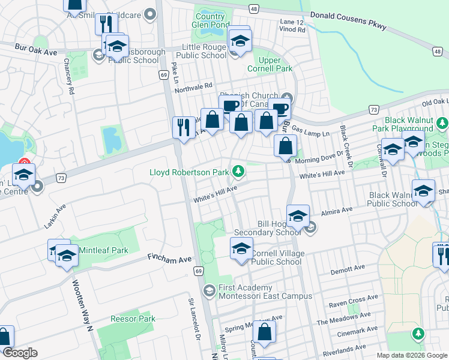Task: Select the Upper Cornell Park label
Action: [275, 64]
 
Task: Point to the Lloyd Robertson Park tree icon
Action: [238, 172]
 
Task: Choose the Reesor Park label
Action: [133, 319]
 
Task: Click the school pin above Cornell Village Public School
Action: [241, 248]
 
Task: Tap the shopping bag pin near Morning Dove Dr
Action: [286, 146]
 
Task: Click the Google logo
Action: [20, 353]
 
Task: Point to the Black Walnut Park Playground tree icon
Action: [442, 124]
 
